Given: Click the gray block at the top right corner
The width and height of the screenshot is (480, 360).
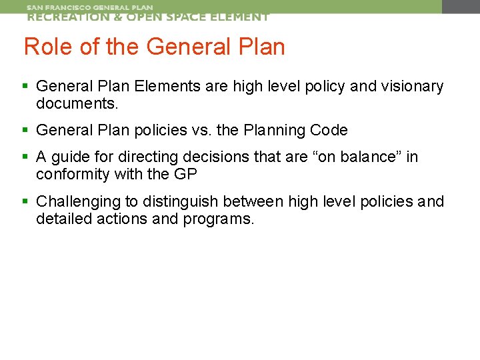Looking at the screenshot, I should (x=461, y=7).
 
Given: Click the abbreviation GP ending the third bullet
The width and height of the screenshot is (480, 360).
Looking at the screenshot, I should (x=191, y=175).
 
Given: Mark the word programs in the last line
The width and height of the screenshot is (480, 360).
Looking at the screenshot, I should (x=219, y=219).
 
